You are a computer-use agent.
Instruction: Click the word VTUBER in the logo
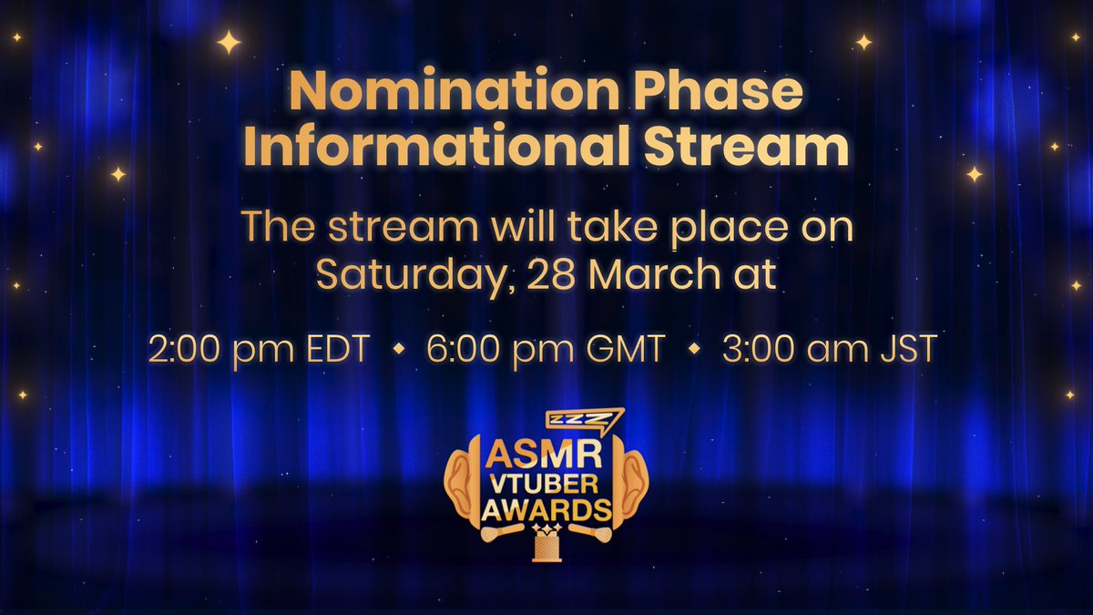[x=546, y=480]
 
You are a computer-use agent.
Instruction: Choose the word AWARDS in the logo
[x=546, y=507]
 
